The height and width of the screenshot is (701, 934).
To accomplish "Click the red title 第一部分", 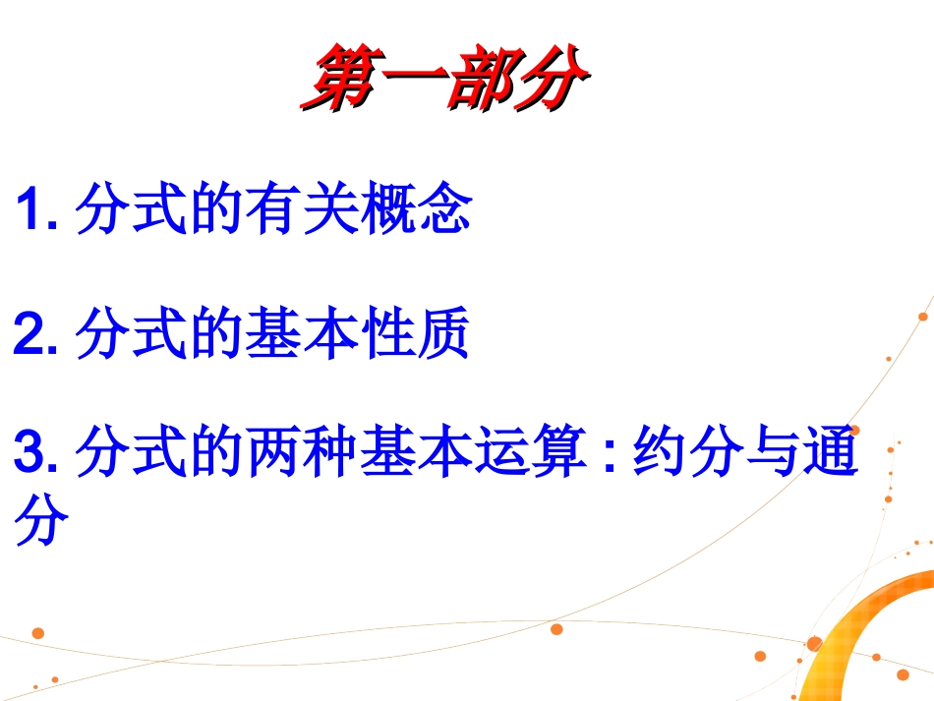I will (444, 78).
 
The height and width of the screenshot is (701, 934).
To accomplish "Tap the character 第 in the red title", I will (338, 78).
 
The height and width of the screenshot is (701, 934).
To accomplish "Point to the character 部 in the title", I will (481, 78).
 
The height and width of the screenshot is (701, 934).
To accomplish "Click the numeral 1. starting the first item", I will (38, 210).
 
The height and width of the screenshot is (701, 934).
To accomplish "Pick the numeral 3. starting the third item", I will (38, 455).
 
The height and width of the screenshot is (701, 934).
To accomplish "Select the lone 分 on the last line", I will (41, 523).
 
